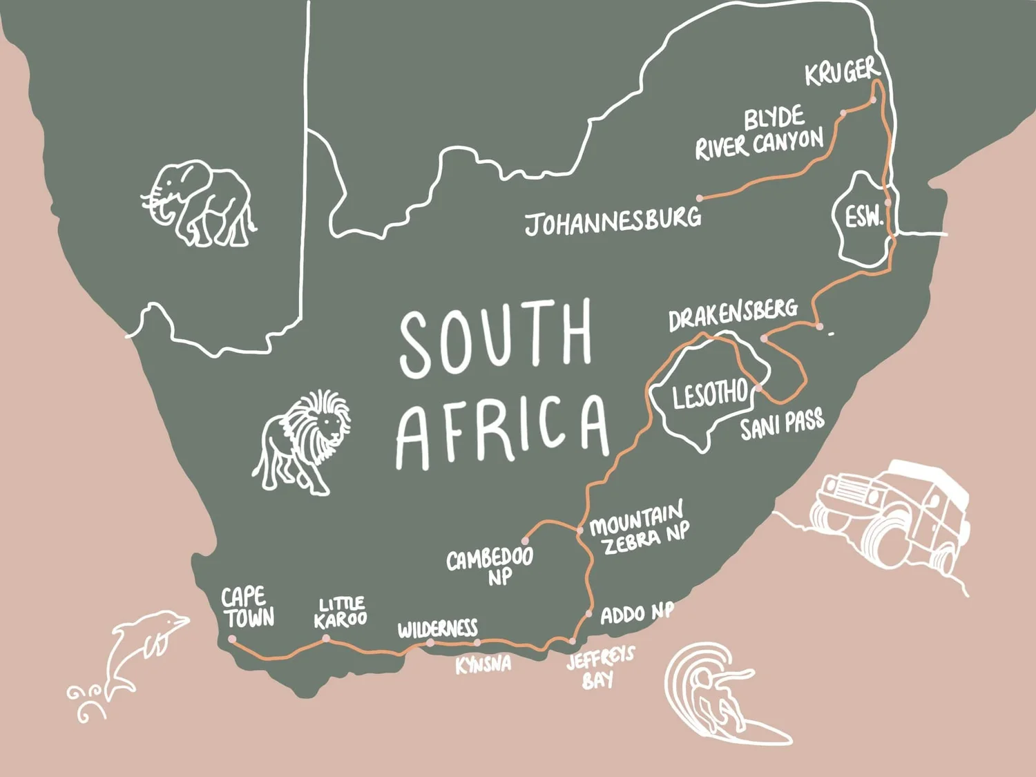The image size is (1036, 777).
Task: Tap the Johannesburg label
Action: pos(613,221)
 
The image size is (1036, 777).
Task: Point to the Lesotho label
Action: pos(710,394)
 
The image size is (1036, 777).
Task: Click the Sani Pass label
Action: pos(782,424)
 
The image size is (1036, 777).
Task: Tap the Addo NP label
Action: pos(636,613)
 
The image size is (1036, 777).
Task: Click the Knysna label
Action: pos(483,664)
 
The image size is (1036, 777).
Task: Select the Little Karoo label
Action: pos(340,613)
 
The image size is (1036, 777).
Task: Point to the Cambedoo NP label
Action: pos(490,566)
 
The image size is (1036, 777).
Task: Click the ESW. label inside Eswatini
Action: pos(863,218)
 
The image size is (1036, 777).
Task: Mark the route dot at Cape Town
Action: pos(232,640)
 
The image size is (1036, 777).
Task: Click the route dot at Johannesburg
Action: pos(700,198)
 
